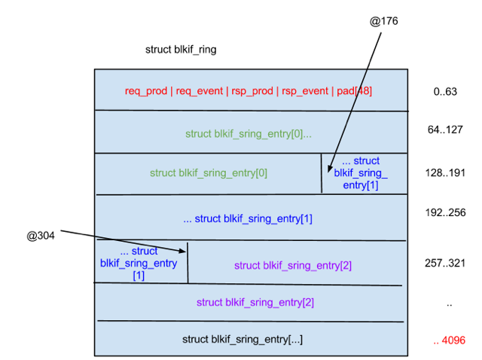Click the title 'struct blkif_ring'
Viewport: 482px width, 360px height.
(x=181, y=50)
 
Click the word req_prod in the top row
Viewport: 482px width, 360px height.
(x=147, y=91)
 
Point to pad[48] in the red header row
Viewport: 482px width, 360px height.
(x=354, y=91)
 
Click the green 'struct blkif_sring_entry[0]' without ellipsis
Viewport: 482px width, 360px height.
(x=209, y=172)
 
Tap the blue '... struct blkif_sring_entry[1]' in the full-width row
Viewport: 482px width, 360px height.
(x=248, y=219)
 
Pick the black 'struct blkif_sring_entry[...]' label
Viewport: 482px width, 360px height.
(x=243, y=339)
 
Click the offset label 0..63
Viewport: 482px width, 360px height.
(x=446, y=92)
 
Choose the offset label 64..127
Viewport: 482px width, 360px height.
(x=445, y=130)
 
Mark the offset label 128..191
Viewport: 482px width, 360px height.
(x=445, y=173)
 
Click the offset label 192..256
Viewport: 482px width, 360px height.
(x=445, y=213)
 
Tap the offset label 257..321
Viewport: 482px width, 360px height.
(x=445, y=263)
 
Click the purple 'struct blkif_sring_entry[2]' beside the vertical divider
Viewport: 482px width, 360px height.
(x=293, y=265)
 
